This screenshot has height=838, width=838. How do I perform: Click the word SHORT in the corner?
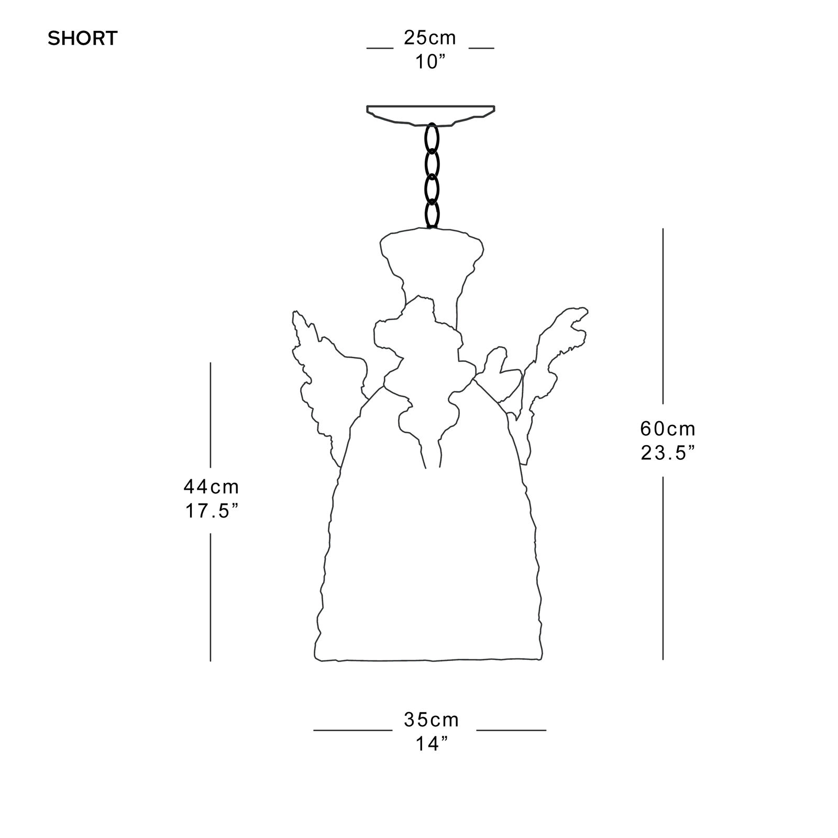83,39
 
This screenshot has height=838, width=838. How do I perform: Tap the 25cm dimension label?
429,38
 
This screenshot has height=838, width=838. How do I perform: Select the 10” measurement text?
429,62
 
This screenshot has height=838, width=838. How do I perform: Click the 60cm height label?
668,429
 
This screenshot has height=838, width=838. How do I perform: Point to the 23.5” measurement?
668,453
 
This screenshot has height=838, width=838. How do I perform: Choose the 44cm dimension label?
211,487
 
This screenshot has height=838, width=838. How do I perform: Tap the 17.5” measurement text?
211,511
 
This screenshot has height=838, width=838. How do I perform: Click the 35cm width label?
431,720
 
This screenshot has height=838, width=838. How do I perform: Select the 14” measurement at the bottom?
431,744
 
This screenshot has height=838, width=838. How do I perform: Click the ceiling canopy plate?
431,114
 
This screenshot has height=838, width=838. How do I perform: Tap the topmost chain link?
432,137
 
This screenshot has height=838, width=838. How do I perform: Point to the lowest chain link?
432,214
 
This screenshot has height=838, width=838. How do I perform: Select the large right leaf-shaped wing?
550,361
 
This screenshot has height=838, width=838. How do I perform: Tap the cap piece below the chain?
431,257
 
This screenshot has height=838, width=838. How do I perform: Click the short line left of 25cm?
380,48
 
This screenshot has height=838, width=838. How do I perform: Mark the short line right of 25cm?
481,48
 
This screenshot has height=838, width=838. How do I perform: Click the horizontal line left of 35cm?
352,730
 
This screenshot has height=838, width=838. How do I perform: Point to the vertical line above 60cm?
663,314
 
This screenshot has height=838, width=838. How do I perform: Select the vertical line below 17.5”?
211,597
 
